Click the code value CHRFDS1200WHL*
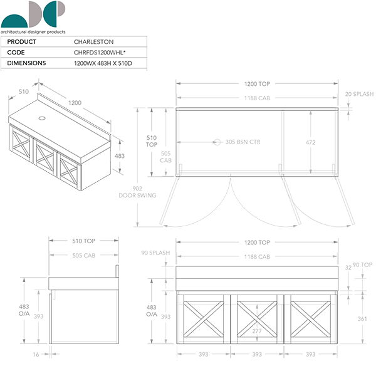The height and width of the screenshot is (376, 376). [100, 53]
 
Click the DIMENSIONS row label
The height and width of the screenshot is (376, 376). [26, 63]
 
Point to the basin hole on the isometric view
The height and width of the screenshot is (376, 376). [43, 117]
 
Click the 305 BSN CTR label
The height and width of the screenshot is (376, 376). [242, 142]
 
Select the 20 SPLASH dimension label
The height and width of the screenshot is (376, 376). [359, 94]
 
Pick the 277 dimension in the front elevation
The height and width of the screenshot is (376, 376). [257, 331]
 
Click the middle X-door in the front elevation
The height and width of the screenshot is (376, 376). [257, 318]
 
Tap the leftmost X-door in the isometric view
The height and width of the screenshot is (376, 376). [20, 147]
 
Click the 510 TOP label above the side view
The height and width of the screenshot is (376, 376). [83, 241]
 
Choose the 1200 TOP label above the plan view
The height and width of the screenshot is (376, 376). [257, 83]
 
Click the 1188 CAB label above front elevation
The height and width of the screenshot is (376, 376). [257, 257]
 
